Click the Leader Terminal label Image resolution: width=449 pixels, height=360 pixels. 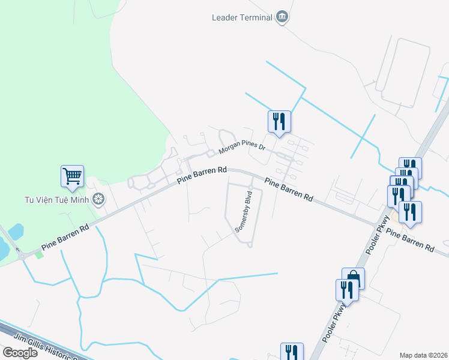(242, 17)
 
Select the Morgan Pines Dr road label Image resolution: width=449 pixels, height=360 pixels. (241, 146)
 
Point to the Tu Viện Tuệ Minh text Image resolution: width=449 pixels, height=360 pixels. (56, 199)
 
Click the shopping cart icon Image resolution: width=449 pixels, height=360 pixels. (72, 176)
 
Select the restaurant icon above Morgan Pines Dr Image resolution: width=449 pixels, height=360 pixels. (279, 122)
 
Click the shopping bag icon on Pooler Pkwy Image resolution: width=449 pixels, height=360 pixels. (353, 279)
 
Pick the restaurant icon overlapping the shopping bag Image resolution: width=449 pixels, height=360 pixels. (347, 290)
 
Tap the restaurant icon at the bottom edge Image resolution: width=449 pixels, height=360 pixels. (292, 352)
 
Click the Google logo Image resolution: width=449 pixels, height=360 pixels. (20, 352)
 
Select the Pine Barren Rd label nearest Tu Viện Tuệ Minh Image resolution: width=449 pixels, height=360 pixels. (65, 237)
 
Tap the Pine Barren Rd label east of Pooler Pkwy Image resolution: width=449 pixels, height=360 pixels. (409, 239)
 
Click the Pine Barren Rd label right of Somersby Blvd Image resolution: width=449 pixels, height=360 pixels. (289, 189)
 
